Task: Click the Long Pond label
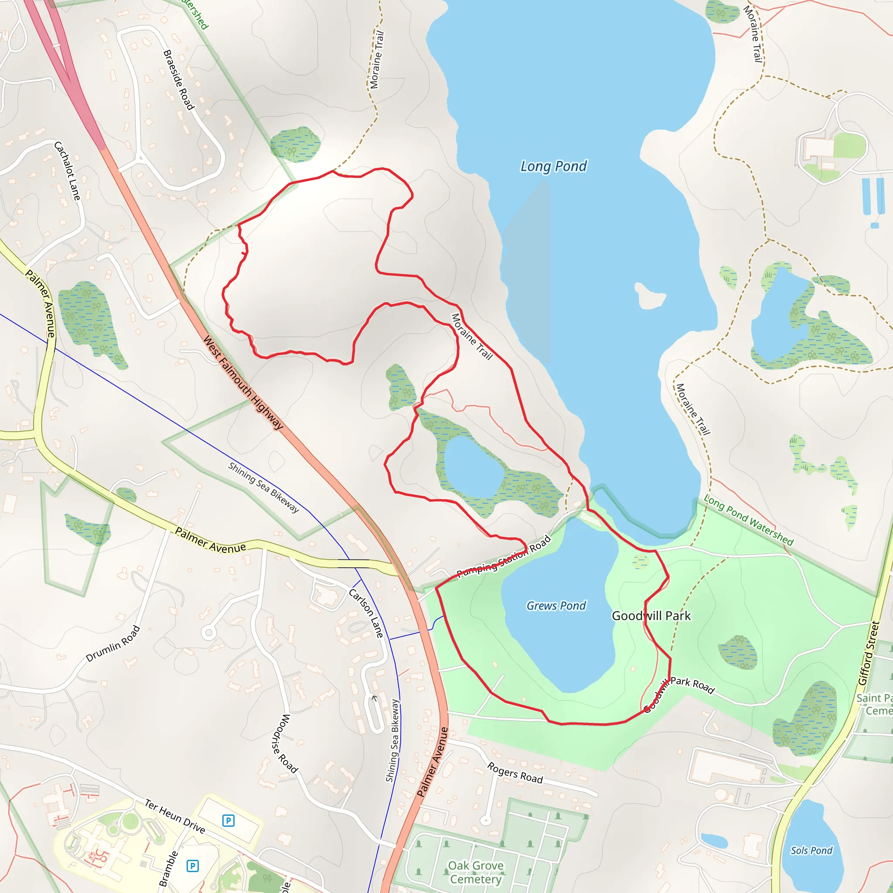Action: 553,167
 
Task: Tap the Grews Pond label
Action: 556,606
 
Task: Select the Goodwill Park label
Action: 651,616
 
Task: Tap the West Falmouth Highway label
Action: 243,383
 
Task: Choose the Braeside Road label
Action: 178,80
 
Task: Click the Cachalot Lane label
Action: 68,171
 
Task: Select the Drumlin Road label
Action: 113,644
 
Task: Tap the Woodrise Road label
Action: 283,743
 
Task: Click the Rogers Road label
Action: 515,773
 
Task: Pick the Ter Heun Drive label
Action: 175,816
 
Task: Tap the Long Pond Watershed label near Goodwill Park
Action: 748,520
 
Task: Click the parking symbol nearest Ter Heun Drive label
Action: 228,821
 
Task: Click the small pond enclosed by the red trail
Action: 473,466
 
